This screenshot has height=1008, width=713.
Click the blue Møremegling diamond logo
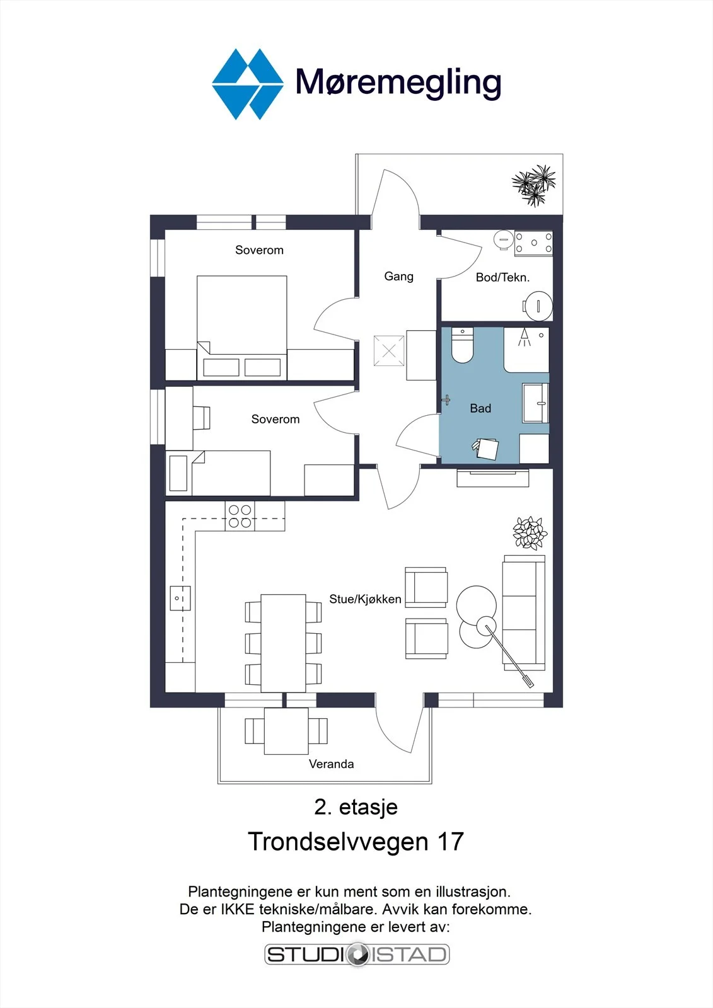[248, 84]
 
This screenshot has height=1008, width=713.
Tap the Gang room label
[398, 277]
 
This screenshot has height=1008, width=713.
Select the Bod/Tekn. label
[502, 277]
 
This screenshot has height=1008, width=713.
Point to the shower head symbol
[525, 337]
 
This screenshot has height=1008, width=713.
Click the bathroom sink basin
[536, 403]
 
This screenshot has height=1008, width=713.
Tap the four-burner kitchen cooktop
[240, 516]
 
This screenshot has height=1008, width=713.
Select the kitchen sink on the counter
[180, 598]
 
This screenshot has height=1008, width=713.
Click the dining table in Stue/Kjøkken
[283, 643]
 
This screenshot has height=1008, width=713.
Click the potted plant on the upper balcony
[534, 185]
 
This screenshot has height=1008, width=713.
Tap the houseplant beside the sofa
[530, 533]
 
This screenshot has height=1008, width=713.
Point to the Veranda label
[331, 764]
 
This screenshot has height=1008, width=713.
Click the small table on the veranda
[286, 731]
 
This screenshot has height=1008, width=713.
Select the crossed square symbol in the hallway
[389, 351]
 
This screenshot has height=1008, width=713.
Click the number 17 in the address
[450, 842]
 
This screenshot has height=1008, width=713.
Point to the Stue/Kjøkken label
[365, 599]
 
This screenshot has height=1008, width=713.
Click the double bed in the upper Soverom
[242, 328]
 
